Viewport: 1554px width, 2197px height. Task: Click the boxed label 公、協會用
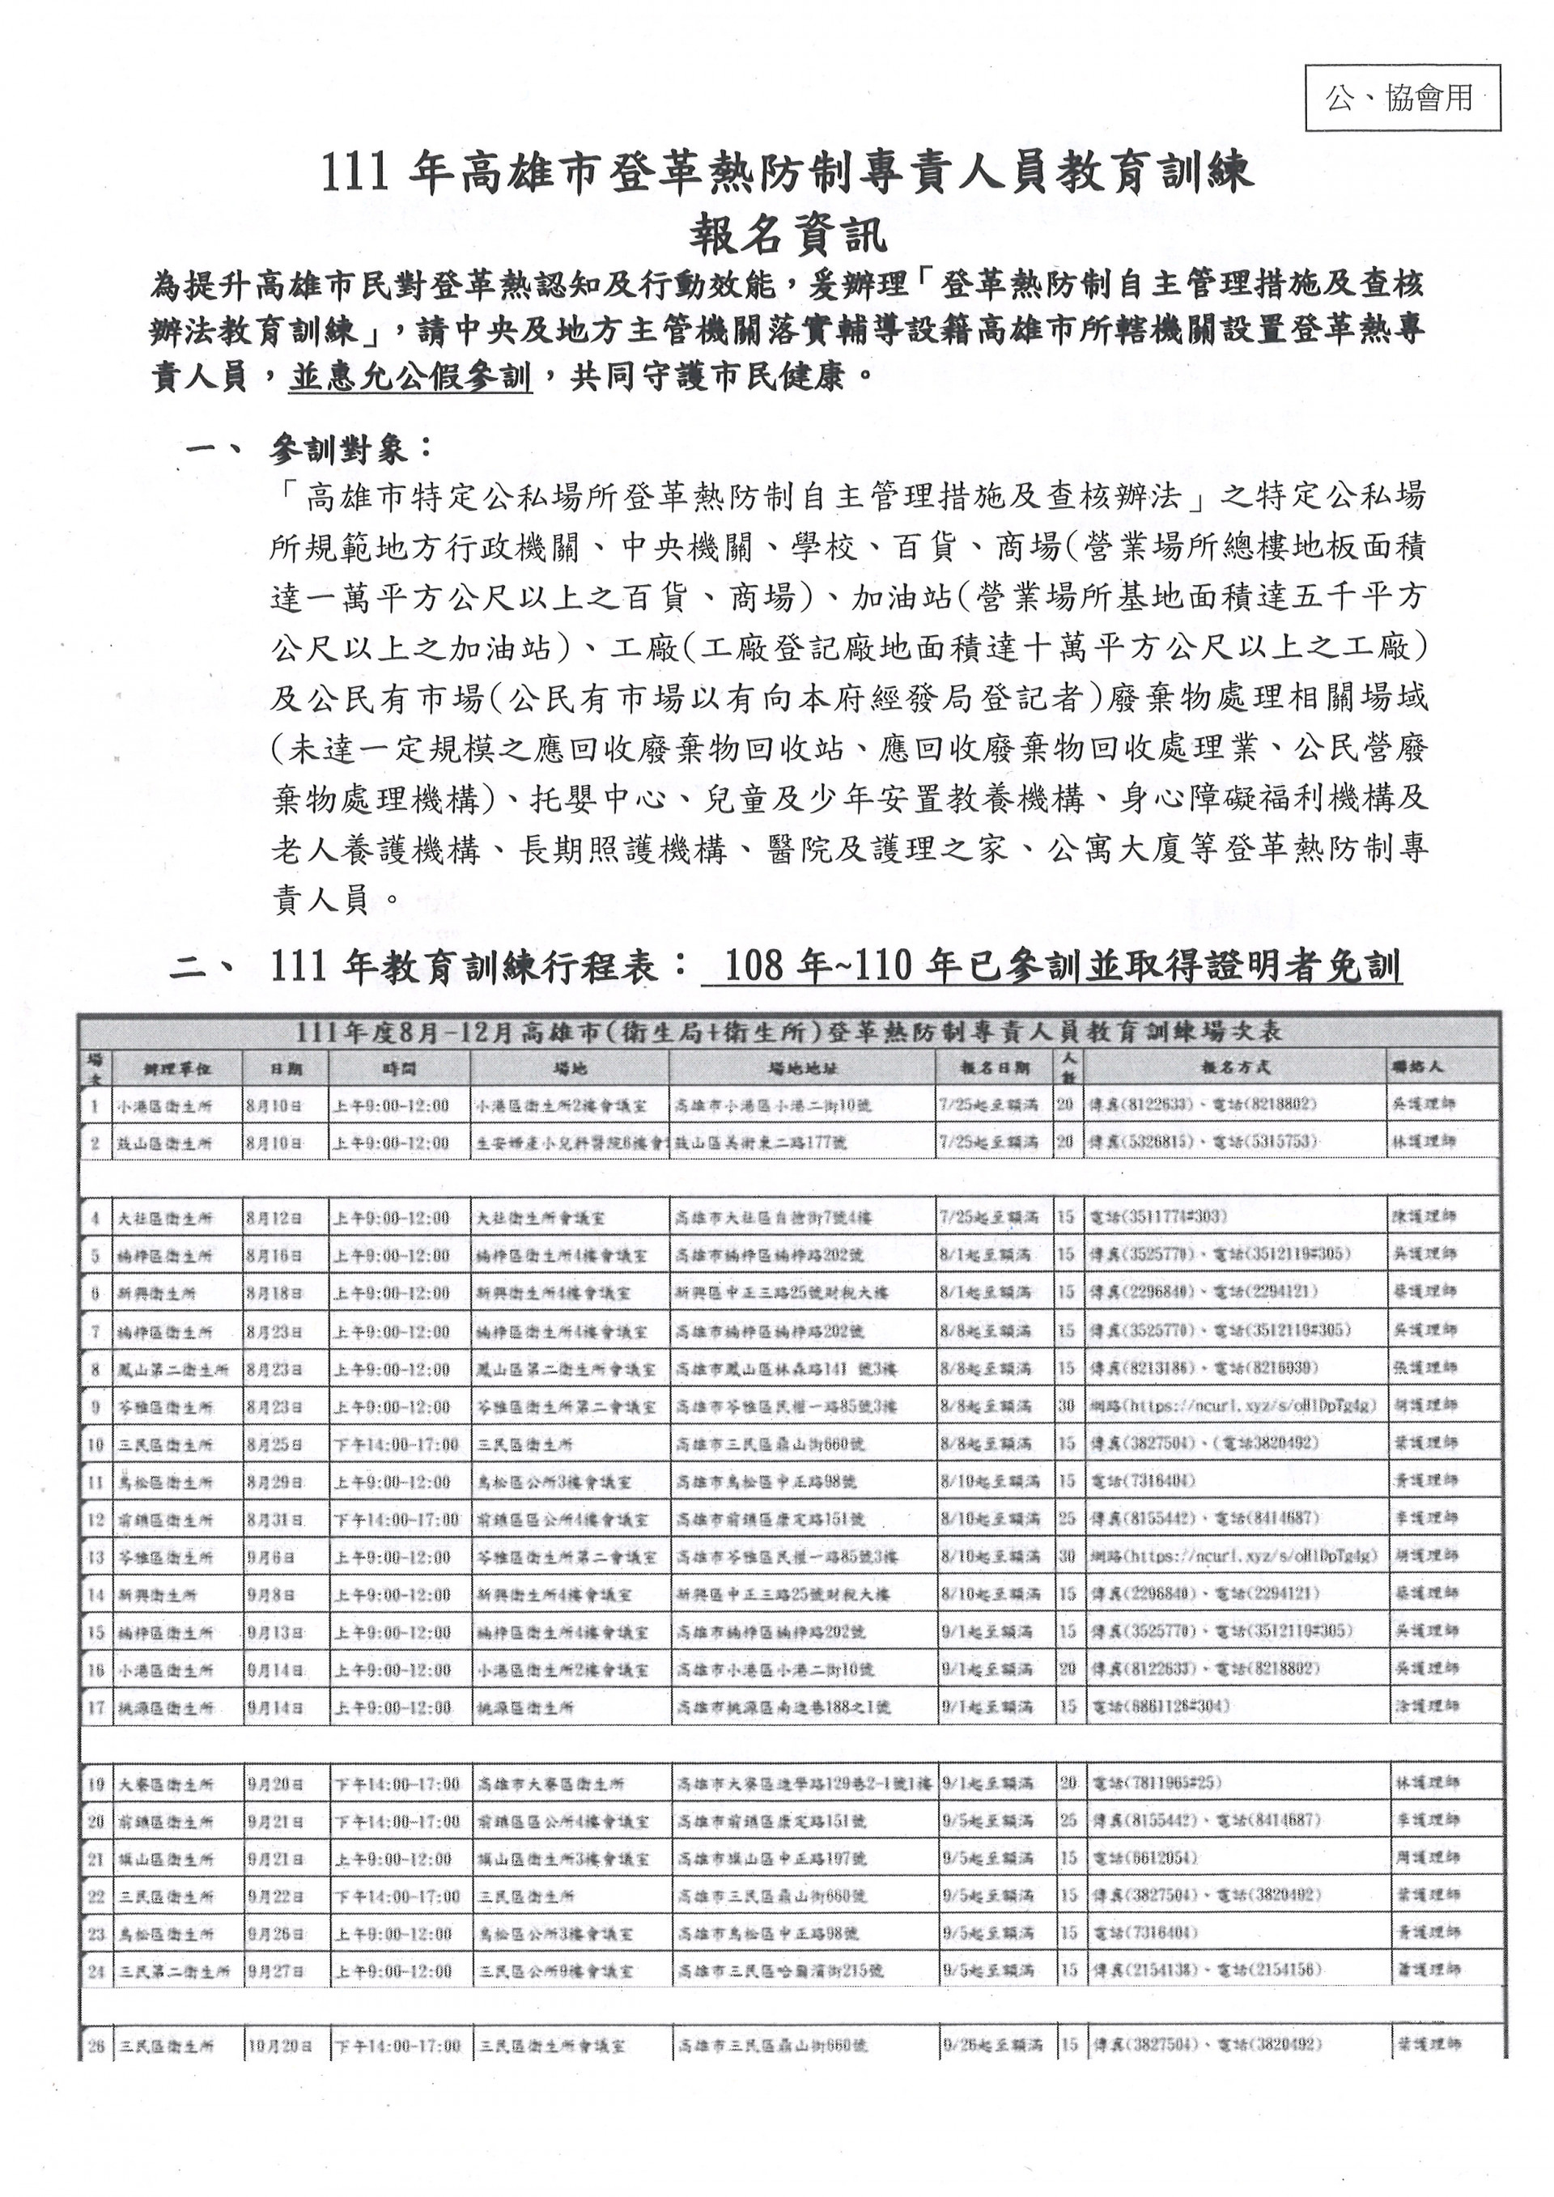tap(1402, 98)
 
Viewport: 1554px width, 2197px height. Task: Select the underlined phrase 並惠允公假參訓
tap(410, 377)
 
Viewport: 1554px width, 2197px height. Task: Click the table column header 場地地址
tap(803, 1068)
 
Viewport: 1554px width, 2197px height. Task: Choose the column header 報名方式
tap(1235, 1068)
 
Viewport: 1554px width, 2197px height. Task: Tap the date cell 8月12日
tap(274, 1219)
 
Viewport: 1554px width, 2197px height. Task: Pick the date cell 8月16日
tap(274, 1257)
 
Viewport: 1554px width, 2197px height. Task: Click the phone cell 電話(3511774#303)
tap(1160, 1219)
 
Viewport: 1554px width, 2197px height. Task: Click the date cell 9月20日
tap(274, 1784)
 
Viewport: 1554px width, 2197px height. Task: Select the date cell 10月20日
tap(278, 2046)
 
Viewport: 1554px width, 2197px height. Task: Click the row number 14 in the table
tap(96, 1595)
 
